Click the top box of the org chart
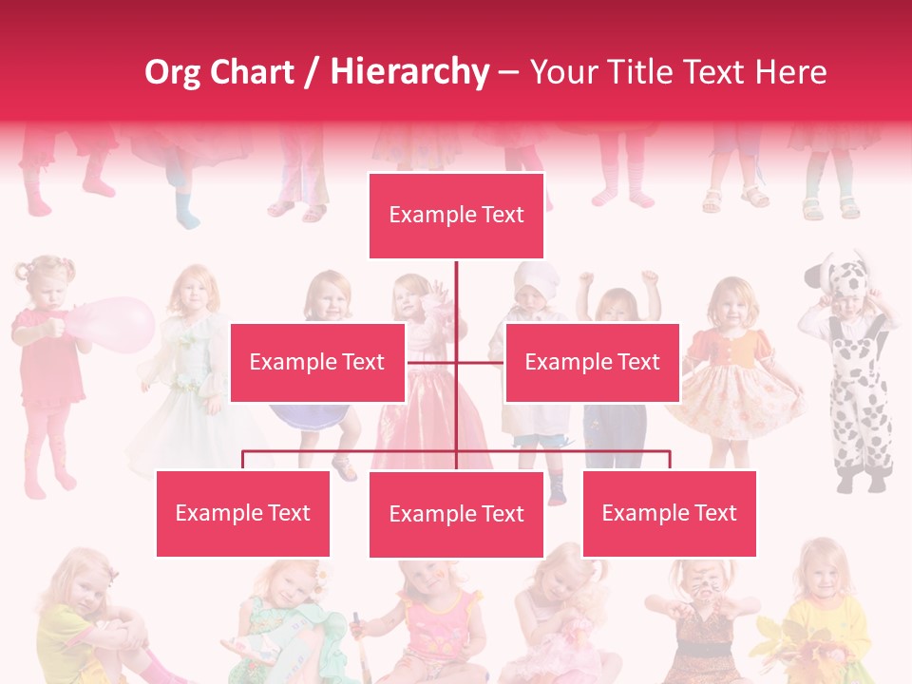click(x=456, y=216)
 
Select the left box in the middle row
click(x=317, y=362)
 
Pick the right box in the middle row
click(x=592, y=362)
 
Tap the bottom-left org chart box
click(x=243, y=513)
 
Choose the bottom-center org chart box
click(x=456, y=514)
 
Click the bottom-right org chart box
click(x=669, y=513)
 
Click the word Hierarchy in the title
click(x=409, y=72)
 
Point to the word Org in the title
click(x=173, y=72)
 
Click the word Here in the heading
click(x=790, y=72)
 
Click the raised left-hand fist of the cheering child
click(x=586, y=279)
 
